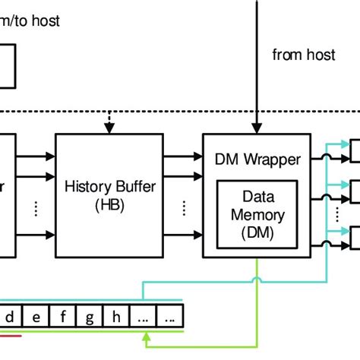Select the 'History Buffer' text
[109, 187]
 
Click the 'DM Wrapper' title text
[257, 159]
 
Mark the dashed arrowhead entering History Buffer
[109, 130]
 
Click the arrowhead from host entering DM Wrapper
[258, 129]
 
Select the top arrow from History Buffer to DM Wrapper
[182, 156]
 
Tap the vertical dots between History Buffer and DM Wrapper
[182, 207]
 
